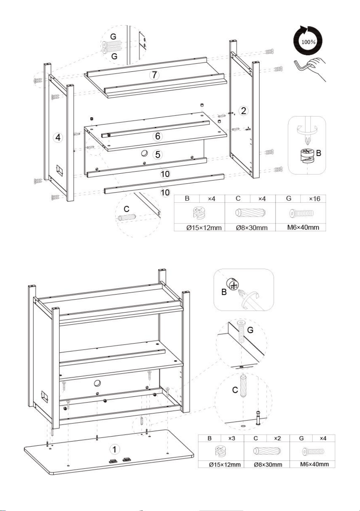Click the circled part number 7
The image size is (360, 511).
pyautogui.click(x=154, y=75)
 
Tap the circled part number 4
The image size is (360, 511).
pyautogui.click(x=58, y=137)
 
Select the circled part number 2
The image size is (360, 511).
pyautogui.click(x=243, y=111)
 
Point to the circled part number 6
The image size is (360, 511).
pyautogui.click(x=157, y=136)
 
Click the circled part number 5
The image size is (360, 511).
pyautogui.click(x=157, y=154)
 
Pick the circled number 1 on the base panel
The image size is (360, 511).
pyautogui.click(x=115, y=449)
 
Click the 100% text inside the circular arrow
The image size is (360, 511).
pyautogui.click(x=308, y=42)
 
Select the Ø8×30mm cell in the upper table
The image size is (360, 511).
pyautogui.click(x=252, y=227)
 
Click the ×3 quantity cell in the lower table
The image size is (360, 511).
pyautogui.click(x=232, y=438)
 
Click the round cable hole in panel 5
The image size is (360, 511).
pyautogui.click(x=144, y=153)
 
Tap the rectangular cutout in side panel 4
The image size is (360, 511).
pyautogui.click(x=59, y=170)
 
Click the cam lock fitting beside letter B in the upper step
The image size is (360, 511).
pyautogui.click(x=308, y=156)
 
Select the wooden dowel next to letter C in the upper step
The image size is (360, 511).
pyautogui.click(x=127, y=217)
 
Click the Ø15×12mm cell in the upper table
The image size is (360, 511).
pyautogui.click(x=204, y=227)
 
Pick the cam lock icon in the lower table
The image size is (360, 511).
pyautogui.click(x=220, y=452)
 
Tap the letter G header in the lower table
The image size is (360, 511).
pyautogui.click(x=301, y=438)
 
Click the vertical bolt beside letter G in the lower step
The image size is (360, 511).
pyautogui.click(x=241, y=331)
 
